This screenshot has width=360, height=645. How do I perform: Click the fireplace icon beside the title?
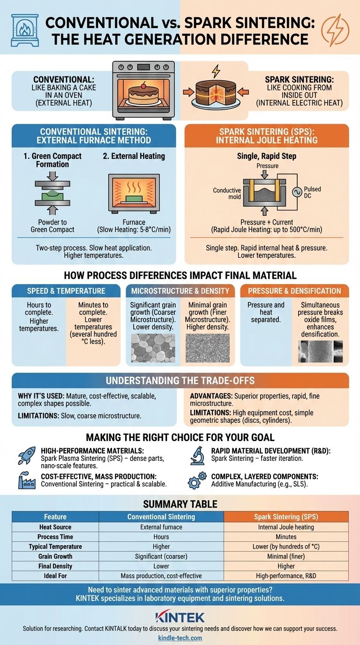(x=25, y=30)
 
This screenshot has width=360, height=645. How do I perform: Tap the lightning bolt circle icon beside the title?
(x=335, y=30)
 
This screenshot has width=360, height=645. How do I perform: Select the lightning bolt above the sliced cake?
(x=216, y=71)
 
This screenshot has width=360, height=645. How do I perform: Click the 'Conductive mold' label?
(x=227, y=194)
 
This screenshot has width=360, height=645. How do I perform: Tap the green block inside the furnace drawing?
(x=134, y=199)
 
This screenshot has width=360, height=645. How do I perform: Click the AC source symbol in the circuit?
(x=297, y=192)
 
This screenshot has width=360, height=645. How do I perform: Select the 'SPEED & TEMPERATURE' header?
(x=66, y=291)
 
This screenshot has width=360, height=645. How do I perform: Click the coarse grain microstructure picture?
(x=153, y=348)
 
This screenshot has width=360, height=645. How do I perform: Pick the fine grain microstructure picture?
(x=208, y=348)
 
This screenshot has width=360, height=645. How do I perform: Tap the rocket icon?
(x=27, y=455)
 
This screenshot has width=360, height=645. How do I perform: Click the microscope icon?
(x=197, y=456)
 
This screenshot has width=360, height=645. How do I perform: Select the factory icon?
(x=27, y=480)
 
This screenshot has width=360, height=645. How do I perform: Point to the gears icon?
(x=197, y=480)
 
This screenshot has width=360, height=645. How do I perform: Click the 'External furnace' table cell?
(x=161, y=527)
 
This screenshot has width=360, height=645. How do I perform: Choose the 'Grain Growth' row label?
(x=55, y=556)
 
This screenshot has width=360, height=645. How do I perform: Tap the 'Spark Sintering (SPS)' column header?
(x=286, y=517)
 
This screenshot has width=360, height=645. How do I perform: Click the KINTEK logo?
(x=180, y=618)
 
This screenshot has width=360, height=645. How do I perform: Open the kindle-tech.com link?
(x=180, y=638)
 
